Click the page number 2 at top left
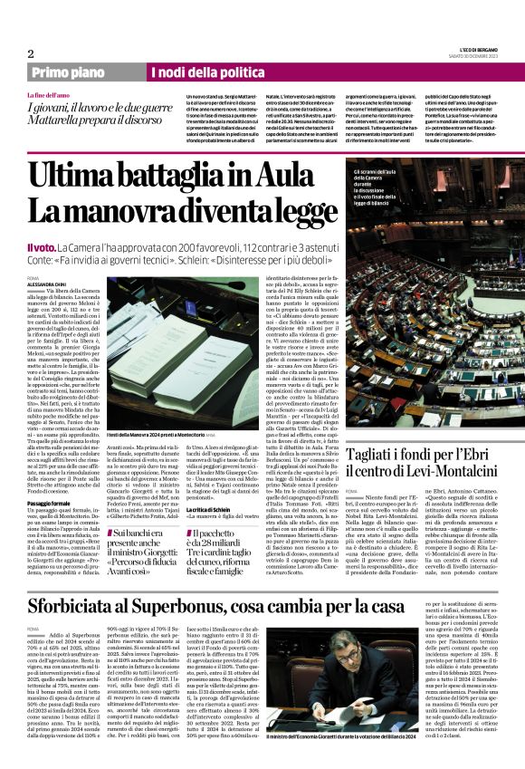(x=30, y=53)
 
